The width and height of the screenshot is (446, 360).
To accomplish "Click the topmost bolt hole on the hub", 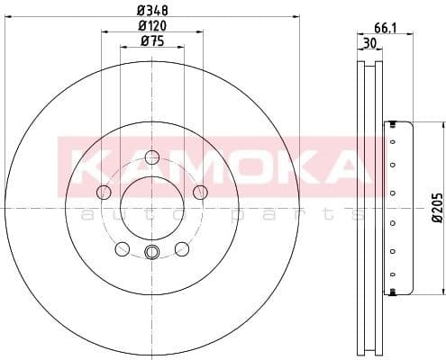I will [151, 156].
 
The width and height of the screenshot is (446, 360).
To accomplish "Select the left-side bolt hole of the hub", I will [104, 192].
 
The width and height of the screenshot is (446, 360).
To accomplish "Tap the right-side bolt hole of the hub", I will [200, 191].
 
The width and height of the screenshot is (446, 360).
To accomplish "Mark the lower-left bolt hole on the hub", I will [123, 248].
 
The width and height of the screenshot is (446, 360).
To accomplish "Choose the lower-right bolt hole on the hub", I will [181, 248].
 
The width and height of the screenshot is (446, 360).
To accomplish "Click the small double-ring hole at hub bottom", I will [151, 252].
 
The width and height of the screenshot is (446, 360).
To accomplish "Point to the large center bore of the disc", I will [151, 208].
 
